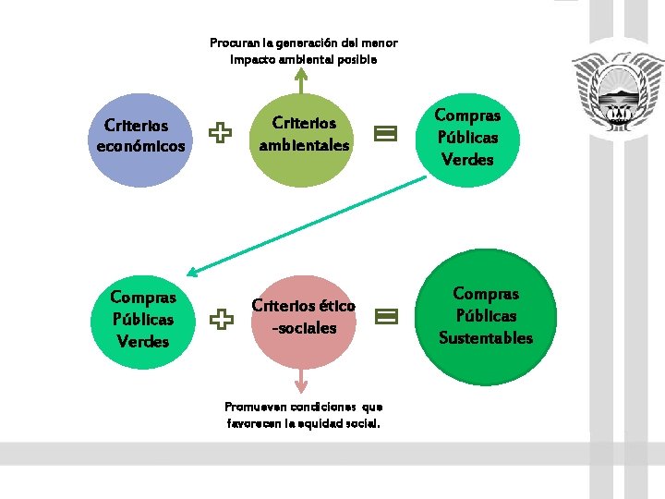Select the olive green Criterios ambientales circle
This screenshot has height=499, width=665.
[304, 135]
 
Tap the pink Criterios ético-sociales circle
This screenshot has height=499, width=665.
[303, 317]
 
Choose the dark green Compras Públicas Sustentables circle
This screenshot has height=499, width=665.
[486, 316]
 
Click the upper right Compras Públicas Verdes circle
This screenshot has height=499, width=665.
[467, 138]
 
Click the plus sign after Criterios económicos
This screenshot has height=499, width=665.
[220, 134]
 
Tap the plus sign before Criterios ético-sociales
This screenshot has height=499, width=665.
[220, 320]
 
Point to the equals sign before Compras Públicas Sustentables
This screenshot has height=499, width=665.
[385, 317]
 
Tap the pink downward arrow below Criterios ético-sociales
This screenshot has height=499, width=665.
[301, 381]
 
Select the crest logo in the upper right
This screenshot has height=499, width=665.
[616, 91]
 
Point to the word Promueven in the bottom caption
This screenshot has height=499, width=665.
[254, 407]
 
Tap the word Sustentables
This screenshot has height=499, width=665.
[486, 338]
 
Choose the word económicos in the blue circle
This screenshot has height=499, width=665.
[140, 146]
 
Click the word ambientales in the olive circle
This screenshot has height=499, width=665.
[304, 145]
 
